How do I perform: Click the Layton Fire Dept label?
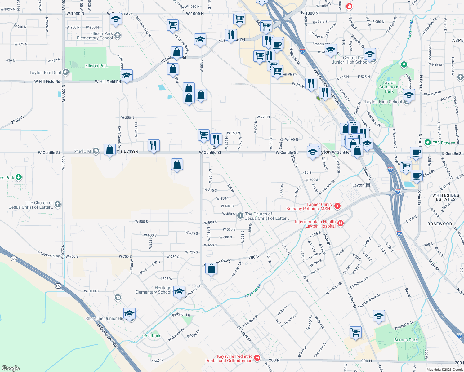tap(46, 73)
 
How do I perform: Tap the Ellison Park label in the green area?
tap(96, 66)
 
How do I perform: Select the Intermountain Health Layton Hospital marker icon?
tap(341, 223)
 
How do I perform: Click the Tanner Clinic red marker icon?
tap(338, 206)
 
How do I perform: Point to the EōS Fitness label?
tap(444, 143)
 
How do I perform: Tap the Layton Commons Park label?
tap(389, 87)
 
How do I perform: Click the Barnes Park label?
tap(406, 340)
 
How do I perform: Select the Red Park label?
tap(152, 336)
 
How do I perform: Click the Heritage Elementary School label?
tap(153, 290)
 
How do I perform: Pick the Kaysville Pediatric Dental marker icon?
tap(257, 358)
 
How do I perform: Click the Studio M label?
tap(82, 151)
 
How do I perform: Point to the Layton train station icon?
tap(368, 185)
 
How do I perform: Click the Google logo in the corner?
tap(11, 368)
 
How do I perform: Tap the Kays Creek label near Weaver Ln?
tap(253, 290)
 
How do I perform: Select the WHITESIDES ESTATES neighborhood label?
tap(446, 197)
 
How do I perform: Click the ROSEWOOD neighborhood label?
tap(439, 224)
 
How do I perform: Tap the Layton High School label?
tap(383, 102)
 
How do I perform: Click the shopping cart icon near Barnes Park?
tap(355, 332)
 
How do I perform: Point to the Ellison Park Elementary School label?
tap(95, 36)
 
